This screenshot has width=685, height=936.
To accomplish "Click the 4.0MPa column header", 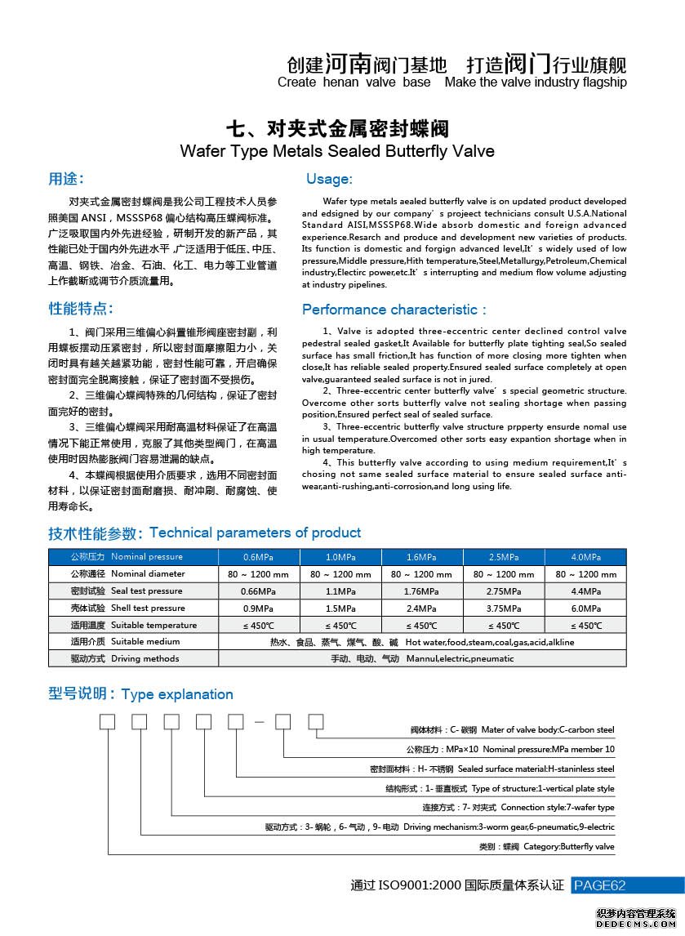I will point(585,557).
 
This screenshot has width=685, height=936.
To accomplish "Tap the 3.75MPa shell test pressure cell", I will point(503,608).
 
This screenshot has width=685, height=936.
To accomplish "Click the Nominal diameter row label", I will point(133,574).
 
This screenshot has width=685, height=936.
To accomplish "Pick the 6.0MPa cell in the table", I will point(585,608).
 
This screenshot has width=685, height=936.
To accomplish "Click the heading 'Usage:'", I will point(329,179).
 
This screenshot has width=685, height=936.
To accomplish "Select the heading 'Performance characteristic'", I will point(394,310).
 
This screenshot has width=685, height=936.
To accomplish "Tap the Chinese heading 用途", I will point(65,179).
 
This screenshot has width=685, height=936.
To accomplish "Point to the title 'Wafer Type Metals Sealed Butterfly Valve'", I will point(336,151).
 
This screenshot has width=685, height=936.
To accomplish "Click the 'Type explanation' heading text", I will point(177,694).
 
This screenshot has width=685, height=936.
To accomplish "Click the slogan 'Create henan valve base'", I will point(354,82).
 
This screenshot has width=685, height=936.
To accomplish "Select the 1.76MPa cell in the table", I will point(421,591).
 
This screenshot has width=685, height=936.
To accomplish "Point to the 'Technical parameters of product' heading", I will point(255,533).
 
